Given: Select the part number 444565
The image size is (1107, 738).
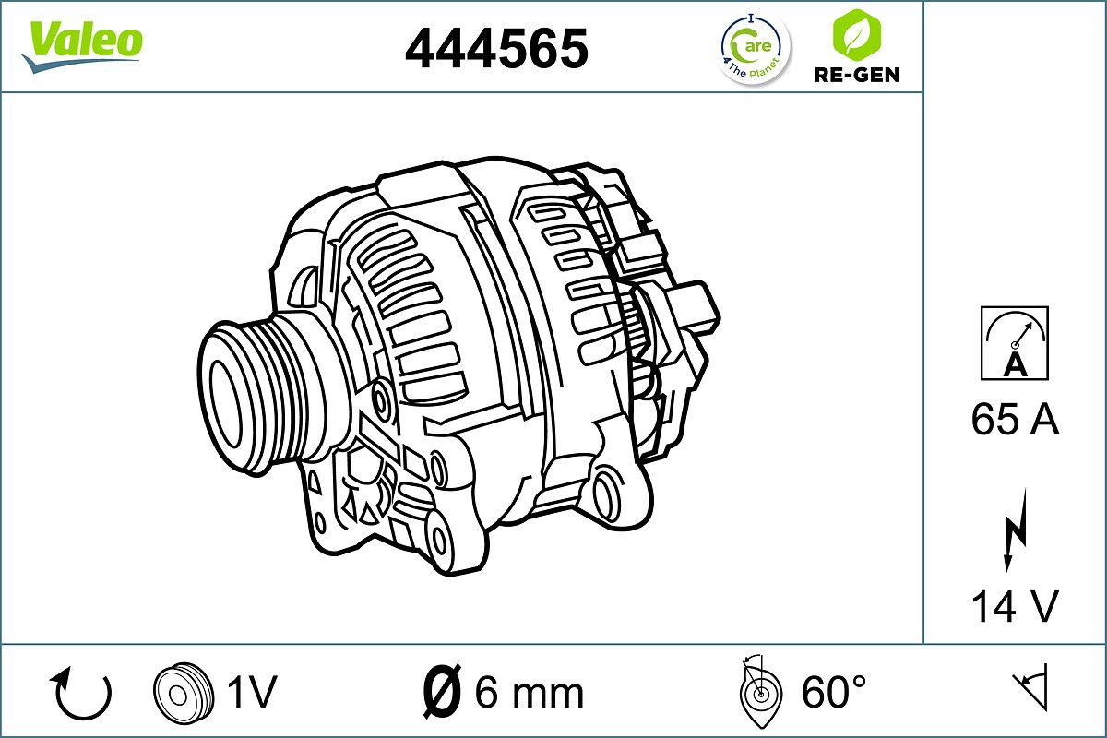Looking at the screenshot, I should coord(496,48).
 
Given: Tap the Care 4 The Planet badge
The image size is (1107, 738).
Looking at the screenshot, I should coord(755,48).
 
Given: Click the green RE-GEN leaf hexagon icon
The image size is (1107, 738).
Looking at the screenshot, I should coord(855,34).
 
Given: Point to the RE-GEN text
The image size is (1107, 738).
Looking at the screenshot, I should coord(855,75).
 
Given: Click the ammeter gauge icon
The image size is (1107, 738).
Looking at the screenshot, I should coord(1014,343).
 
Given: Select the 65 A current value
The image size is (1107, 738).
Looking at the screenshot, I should coord(1014,421).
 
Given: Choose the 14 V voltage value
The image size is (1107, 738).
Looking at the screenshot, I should coord(1014,606).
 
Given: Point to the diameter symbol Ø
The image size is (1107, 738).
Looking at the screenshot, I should coord(442,692).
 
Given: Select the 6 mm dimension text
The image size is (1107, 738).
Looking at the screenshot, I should coord(529,692).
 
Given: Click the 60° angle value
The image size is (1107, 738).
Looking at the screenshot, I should coord(833,692).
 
